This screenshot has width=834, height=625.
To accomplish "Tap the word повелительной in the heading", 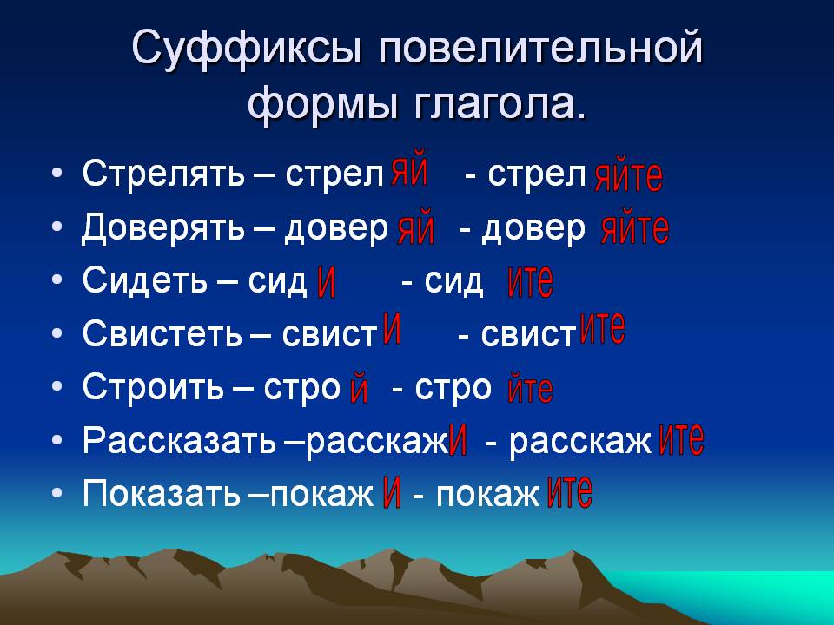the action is click(540, 48).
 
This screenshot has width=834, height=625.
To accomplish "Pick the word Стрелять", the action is click(164, 174).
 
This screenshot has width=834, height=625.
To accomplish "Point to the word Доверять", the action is click(163, 228).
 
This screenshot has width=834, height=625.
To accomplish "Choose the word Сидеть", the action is click(145, 280).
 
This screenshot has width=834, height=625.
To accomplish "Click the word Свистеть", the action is click(162, 334).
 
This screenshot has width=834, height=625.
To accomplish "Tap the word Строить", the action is click(153, 386).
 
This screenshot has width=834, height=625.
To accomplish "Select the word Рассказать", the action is click(179, 441).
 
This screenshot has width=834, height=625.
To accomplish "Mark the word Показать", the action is click(162, 494).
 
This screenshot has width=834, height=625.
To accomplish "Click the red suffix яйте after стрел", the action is click(629, 176).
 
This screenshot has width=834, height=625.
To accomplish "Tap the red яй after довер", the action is click(416, 228).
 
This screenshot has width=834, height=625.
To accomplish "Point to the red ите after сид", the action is click(531, 281).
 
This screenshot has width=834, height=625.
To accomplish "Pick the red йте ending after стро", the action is click(530, 387).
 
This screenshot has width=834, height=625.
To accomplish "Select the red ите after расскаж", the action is click(681, 439).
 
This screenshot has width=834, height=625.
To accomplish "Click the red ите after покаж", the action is click(570, 491).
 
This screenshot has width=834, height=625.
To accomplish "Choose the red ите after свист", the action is click(603, 328).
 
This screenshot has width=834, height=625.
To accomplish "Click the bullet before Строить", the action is click(57, 386).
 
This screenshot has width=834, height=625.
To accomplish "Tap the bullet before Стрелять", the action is click(57, 174).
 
